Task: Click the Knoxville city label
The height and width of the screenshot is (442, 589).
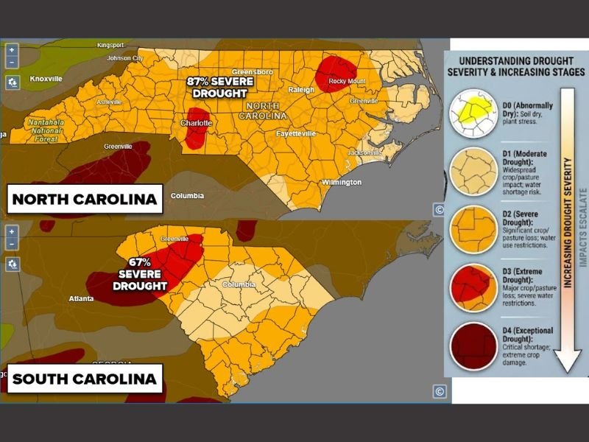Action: click(46, 77)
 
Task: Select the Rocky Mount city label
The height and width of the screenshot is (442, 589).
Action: click(346, 81)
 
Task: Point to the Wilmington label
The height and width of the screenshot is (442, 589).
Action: click(342, 182)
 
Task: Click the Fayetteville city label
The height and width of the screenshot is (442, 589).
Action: click(295, 133)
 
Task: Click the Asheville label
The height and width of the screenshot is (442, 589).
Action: click(109, 101)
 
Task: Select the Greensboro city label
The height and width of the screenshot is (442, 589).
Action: click(253, 71)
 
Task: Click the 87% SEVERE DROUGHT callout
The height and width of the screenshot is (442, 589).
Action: click(219, 87)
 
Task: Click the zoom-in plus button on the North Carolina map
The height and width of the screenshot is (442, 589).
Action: click(12, 49)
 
